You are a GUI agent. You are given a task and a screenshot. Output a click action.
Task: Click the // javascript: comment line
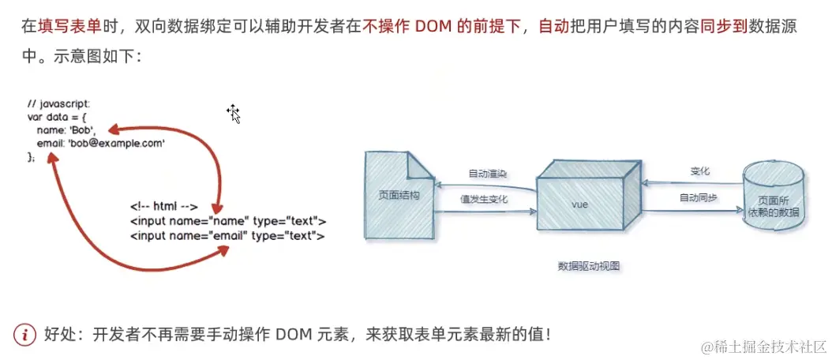pyautogui.click(x=58, y=104)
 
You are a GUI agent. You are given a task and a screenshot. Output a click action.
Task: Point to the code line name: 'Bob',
pyautogui.click(x=66, y=130)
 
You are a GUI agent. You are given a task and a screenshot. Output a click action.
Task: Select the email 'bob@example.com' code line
pyautogui.click(x=100, y=144)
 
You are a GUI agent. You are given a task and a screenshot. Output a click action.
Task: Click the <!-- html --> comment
pyautogui.click(x=163, y=207)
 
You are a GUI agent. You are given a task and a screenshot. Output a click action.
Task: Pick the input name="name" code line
pyautogui.click(x=227, y=221)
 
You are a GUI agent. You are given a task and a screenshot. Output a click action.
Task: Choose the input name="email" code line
pyautogui.click(x=227, y=235)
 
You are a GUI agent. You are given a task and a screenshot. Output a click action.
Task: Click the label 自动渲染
pyautogui.click(x=487, y=174)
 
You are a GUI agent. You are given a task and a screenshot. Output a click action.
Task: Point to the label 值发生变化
pyautogui.click(x=483, y=200)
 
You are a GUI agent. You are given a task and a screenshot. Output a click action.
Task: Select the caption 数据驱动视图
pyautogui.click(x=588, y=266)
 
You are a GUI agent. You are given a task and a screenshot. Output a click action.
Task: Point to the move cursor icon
pyautogui.click(x=234, y=113)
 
